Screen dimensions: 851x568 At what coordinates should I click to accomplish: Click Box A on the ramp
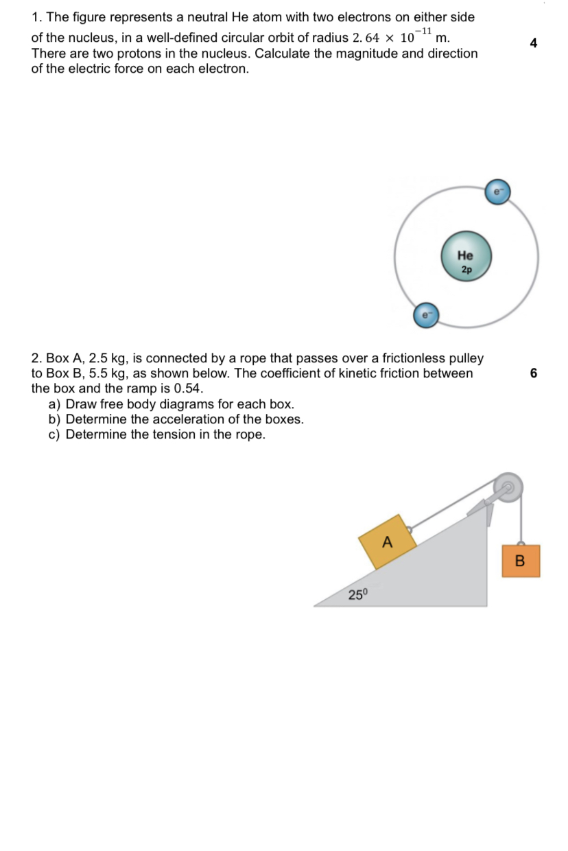(x=388, y=541)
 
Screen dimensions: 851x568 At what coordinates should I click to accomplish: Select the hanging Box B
(x=520, y=561)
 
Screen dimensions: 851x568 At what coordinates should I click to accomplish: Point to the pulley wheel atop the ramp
(x=508, y=488)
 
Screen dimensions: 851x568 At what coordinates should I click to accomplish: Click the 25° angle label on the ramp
(x=357, y=594)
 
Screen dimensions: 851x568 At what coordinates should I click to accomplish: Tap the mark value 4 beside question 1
(x=533, y=43)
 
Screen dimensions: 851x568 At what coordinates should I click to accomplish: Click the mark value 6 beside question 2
(x=533, y=373)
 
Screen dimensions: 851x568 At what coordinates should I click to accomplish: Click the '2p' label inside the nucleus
(x=466, y=270)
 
